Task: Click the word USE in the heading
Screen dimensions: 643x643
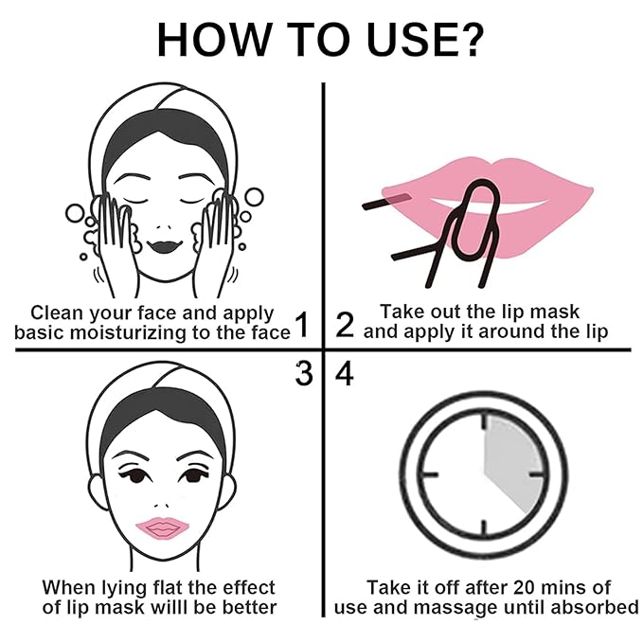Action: (412, 40)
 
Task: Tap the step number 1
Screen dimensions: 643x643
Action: (302, 325)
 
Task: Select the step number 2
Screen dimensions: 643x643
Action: (345, 325)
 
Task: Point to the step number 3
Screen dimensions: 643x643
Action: (303, 373)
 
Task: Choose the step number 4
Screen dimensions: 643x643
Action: (345, 373)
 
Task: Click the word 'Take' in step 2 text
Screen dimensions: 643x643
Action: (398, 312)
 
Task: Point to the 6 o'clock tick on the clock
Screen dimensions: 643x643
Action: (484, 527)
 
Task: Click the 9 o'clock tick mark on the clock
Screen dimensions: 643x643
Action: (430, 474)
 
